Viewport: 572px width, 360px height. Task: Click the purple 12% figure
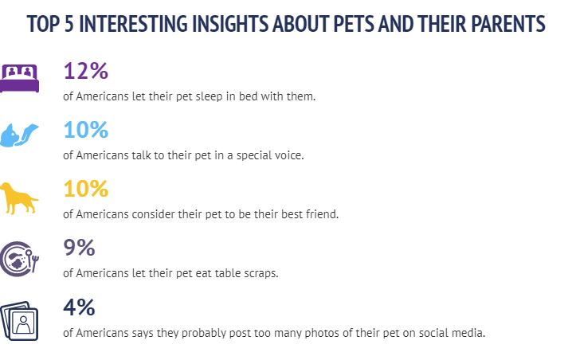coord(86,70)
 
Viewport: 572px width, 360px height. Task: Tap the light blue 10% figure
coord(86,130)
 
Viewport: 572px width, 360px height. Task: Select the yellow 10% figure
coord(86,189)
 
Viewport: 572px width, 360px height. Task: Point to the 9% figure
coord(79,248)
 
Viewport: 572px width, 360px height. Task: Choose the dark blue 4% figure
coord(79,307)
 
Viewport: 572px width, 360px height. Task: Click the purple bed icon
coord(19,78)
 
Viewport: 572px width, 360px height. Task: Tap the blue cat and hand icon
coord(19,135)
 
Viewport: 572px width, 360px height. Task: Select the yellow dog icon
coord(19,198)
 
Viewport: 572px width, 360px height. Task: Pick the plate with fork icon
coord(19,259)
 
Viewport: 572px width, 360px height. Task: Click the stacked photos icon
coord(19,321)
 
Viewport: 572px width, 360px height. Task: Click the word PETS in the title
coord(354,24)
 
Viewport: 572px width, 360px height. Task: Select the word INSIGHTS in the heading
coord(229,24)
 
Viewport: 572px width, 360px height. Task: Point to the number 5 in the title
coord(69,24)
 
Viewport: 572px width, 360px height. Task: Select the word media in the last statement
coord(468,333)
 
